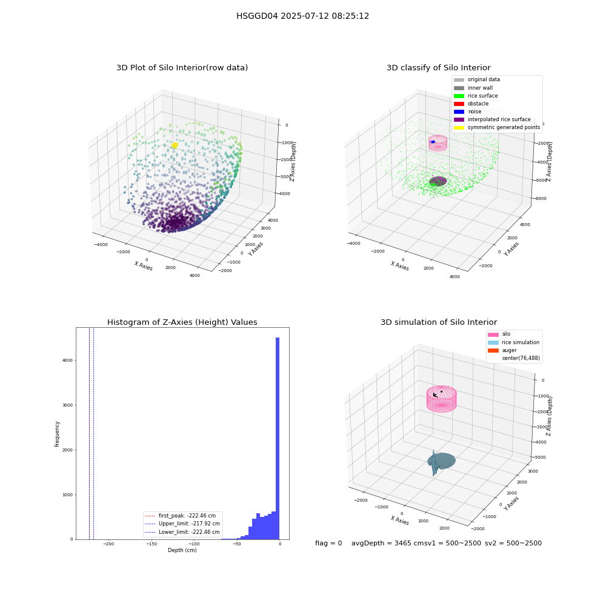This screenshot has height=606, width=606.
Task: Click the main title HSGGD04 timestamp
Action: point(302,16)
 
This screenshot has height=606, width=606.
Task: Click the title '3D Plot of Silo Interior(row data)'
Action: point(182,68)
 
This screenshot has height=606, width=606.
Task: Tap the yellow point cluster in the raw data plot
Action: point(175,145)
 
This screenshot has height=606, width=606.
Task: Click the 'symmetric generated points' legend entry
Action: point(497,127)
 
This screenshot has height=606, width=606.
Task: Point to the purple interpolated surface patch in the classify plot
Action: point(438,181)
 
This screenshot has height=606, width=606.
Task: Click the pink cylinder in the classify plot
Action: point(438,142)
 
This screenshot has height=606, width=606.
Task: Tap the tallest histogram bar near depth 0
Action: point(277,438)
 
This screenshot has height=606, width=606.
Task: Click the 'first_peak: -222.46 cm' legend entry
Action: point(180,516)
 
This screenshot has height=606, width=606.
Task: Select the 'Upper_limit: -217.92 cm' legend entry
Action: point(182,524)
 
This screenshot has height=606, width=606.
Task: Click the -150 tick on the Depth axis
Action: point(151,544)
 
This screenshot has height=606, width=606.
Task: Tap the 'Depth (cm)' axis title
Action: point(182,550)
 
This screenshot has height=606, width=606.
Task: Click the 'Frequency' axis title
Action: point(57,434)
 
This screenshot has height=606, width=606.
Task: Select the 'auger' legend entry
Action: point(502,350)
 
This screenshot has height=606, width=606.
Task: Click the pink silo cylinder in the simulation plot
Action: point(441,399)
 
